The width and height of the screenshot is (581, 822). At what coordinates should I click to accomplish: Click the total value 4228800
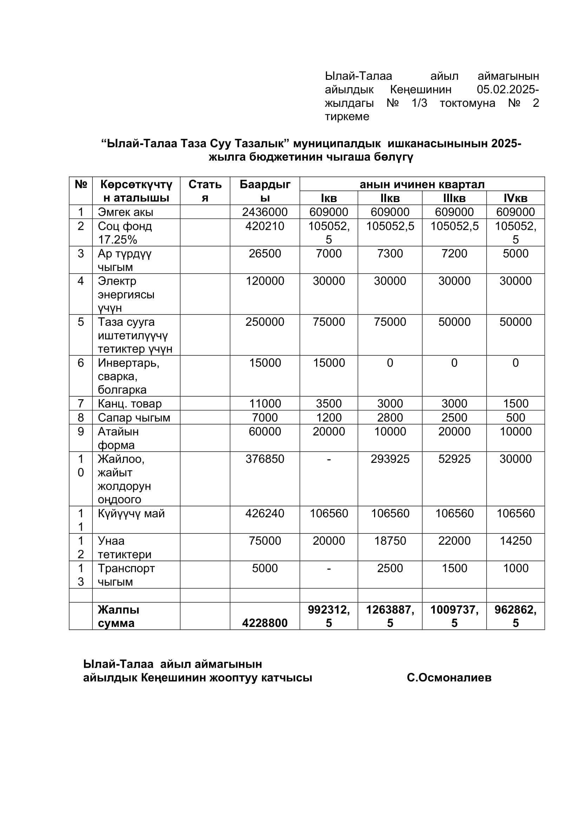coord(265,623)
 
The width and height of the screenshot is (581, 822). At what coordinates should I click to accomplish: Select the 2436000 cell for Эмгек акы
coord(265,212)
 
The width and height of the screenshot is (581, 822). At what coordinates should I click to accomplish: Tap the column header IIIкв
coord(454,198)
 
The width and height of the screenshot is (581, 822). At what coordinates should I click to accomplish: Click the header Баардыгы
coord(265,191)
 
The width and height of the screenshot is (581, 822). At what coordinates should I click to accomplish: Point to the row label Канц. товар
coord(130,403)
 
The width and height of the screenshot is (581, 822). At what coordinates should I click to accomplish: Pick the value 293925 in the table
coord(390,459)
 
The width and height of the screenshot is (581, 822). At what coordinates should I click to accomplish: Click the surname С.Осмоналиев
coord(449,677)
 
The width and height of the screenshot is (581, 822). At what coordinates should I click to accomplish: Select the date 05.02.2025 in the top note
coord(506,89)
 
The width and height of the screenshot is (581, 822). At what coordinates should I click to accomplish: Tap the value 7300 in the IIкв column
coord(390,253)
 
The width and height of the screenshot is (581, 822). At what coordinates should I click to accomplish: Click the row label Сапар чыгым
coord(134,418)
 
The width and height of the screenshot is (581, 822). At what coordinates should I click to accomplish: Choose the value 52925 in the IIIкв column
coord(454,459)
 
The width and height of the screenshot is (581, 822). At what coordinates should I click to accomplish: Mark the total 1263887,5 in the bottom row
coord(390,616)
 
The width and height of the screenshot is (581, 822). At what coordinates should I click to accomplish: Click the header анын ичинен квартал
coord(422,185)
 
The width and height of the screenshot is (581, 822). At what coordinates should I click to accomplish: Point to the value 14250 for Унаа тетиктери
coord(516,541)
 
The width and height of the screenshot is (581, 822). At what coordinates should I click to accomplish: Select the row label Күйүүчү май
coord(131,513)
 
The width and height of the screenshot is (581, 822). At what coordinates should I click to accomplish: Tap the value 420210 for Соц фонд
coord(265,226)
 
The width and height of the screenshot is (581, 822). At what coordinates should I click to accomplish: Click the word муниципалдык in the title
coord(337,144)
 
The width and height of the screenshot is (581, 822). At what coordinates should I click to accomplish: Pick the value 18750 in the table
coord(390,541)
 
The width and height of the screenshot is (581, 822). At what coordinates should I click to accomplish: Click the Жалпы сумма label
coord(118,616)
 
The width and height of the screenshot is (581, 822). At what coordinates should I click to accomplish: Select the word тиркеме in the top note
coord(347,116)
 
